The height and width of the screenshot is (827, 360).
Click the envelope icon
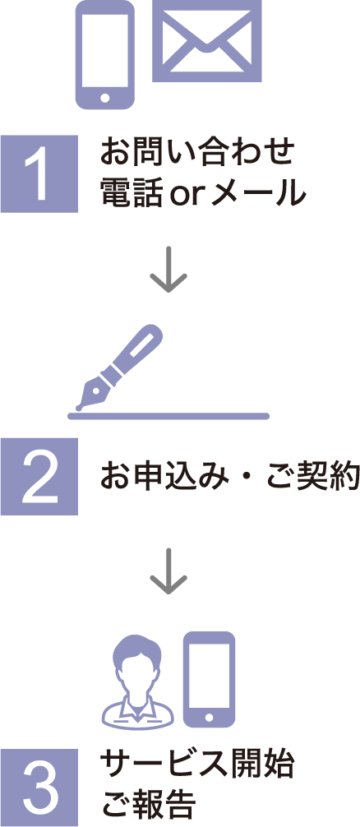[206, 40]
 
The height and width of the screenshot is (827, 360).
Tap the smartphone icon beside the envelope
[105, 55]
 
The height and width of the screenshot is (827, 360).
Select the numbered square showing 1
[39, 174]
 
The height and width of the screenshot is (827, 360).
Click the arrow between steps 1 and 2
[168, 269]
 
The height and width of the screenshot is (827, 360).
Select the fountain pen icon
[118, 367]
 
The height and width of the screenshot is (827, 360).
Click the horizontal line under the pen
[168, 416]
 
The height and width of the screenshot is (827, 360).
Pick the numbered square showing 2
[39, 476]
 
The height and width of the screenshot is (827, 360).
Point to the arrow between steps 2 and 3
[168, 571]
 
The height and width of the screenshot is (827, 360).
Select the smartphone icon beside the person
[210, 679]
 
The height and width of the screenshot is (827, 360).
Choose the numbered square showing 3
[39, 788]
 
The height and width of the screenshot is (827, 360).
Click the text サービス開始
[196, 765]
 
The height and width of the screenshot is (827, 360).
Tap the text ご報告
[148, 803]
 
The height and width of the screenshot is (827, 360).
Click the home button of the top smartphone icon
[105, 98]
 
